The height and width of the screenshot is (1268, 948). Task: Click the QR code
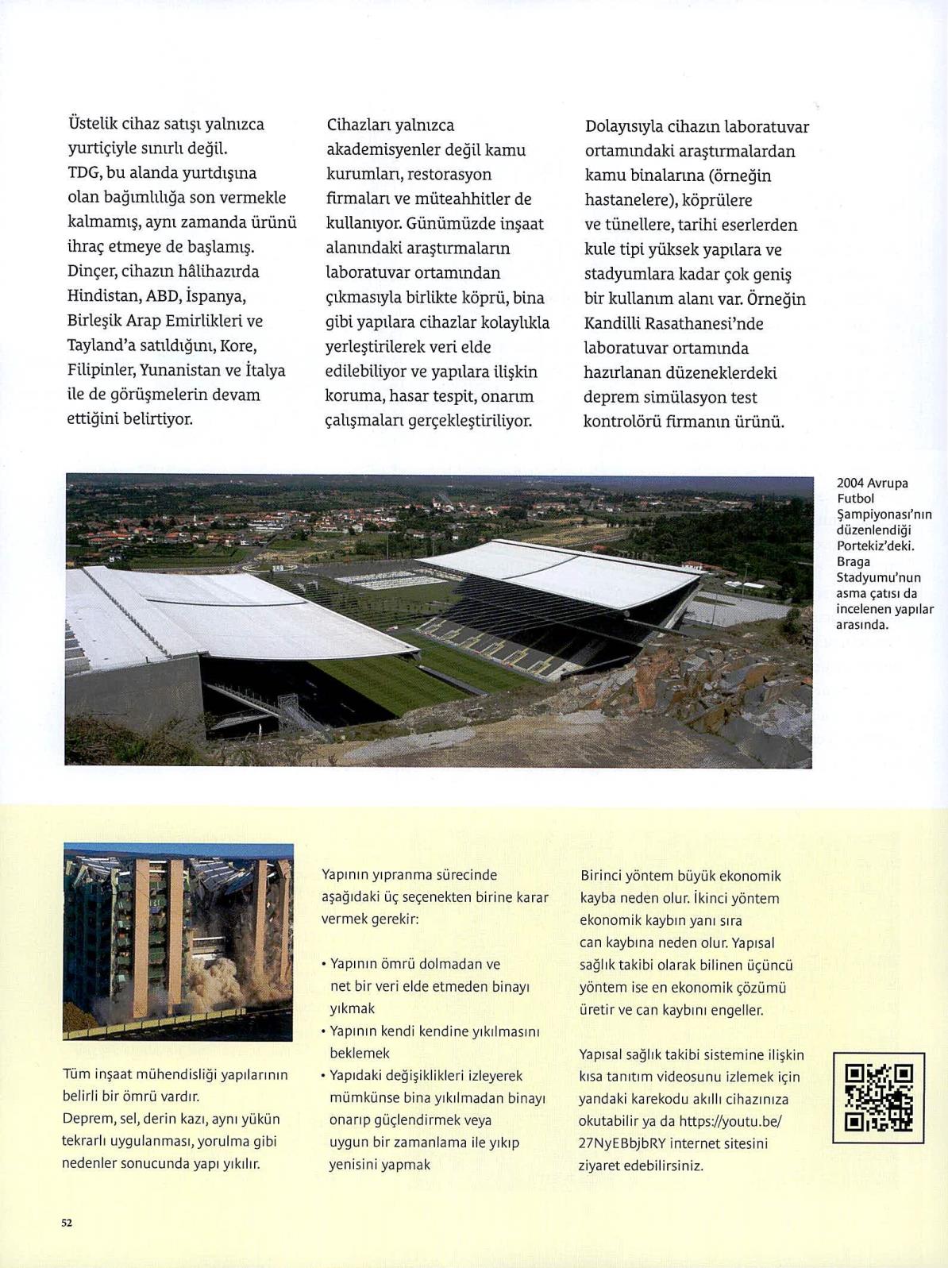pyautogui.click(x=878, y=1098)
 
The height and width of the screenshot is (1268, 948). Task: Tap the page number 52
pyautogui.click(x=67, y=1223)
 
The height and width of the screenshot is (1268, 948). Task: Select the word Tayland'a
pyautogui.click(x=102, y=345)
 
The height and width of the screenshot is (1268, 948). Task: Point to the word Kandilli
pyautogui.click(x=611, y=323)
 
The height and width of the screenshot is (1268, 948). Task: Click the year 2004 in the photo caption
pyautogui.click(x=850, y=483)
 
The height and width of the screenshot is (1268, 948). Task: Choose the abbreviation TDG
pyautogui.click(x=83, y=173)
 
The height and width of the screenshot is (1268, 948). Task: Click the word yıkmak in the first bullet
pyautogui.click(x=352, y=1008)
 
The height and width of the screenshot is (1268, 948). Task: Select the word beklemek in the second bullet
pyautogui.click(x=360, y=1053)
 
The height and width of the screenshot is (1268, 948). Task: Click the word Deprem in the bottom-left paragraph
pyautogui.click(x=87, y=1119)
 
